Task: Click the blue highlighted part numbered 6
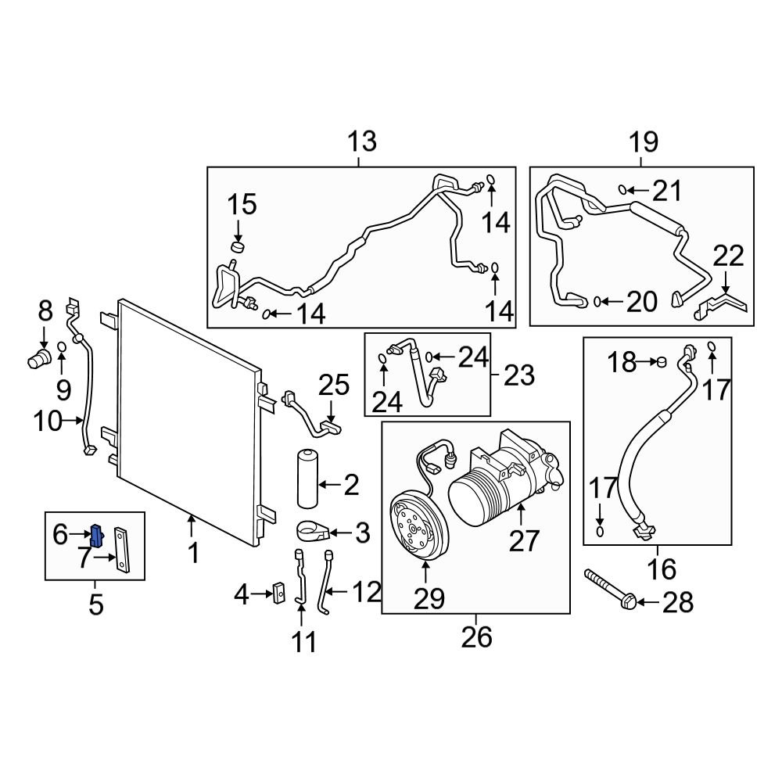(97, 536)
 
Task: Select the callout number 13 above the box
(361, 142)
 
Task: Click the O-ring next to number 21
(623, 189)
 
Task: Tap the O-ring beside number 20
(597, 300)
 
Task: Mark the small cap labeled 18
(661, 361)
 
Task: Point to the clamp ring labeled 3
(314, 533)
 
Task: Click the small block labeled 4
(278, 596)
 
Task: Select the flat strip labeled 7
(124, 551)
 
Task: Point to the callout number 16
(662, 569)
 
